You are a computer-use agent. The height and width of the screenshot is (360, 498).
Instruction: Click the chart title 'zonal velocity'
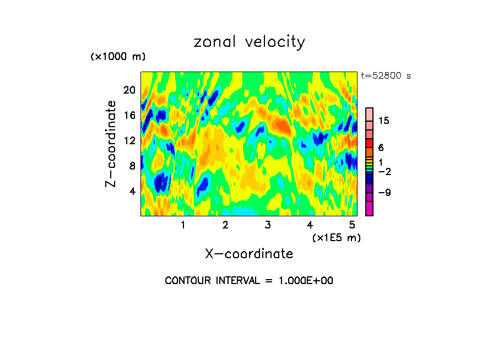click(249, 42)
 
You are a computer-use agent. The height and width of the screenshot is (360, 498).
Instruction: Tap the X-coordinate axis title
click(249, 254)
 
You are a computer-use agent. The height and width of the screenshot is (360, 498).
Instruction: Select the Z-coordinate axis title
click(111, 144)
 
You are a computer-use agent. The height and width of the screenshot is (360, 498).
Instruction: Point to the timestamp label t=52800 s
click(386, 76)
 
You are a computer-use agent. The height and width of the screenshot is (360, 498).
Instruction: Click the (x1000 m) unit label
click(117, 57)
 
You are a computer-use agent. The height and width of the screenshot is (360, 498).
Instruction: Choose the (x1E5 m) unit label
click(336, 237)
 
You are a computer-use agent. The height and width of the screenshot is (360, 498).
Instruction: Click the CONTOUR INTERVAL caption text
click(249, 281)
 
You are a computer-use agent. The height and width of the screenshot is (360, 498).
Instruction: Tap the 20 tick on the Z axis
click(128, 90)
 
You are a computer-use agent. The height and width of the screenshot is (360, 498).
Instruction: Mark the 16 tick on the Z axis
click(128, 115)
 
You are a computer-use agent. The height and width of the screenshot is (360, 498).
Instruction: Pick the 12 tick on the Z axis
click(128, 140)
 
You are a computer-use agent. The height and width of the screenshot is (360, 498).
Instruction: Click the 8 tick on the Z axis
click(132, 166)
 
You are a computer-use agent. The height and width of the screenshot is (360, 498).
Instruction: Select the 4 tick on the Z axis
click(132, 191)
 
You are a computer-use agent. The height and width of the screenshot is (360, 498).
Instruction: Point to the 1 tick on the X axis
click(183, 225)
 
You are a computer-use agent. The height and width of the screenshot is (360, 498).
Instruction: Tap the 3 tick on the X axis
click(268, 225)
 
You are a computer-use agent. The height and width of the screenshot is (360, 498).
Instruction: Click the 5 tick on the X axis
click(352, 225)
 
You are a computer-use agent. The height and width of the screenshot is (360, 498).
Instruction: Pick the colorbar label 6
click(381, 148)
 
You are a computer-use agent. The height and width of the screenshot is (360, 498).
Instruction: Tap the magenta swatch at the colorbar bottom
click(369, 209)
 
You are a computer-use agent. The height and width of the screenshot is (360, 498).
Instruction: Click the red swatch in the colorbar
click(369, 143)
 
